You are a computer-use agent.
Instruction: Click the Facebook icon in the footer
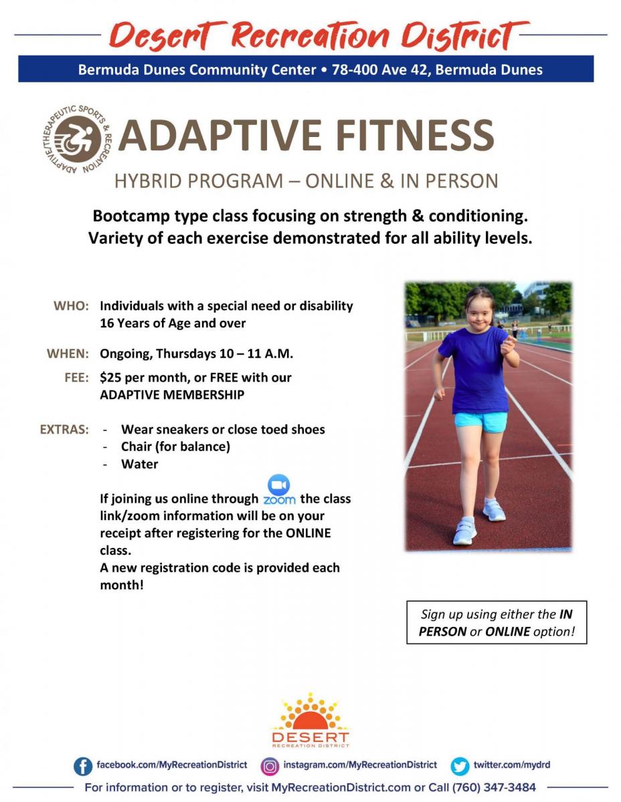(x=83, y=766)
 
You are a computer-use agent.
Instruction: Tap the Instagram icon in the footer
(x=270, y=766)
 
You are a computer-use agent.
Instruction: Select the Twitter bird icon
(x=459, y=766)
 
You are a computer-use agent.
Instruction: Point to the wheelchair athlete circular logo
(x=77, y=139)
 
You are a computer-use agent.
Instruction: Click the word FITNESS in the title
(x=415, y=135)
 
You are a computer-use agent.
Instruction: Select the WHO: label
(x=71, y=305)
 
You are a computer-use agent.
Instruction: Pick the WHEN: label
(x=68, y=354)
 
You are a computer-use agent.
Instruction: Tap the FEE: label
(x=76, y=377)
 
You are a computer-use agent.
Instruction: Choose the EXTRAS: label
(x=64, y=429)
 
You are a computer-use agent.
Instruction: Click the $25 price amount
(x=110, y=377)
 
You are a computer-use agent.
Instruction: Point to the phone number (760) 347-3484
(x=494, y=787)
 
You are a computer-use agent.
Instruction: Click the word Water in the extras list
(x=139, y=464)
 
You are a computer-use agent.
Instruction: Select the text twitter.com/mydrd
(x=512, y=765)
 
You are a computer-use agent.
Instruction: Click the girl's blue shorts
(x=480, y=422)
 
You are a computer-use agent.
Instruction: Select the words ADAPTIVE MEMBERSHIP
(x=172, y=394)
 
